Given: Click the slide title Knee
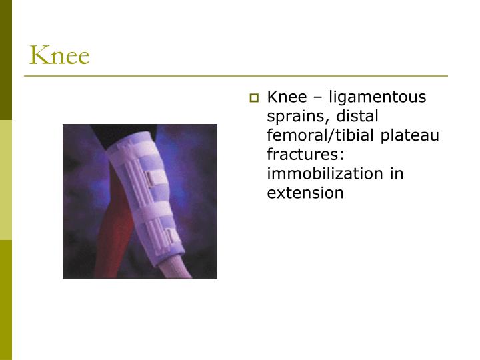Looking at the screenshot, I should (x=59, y=55).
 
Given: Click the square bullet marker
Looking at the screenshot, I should (x=253, y=99).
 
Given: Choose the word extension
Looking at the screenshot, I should (x=305, y=193).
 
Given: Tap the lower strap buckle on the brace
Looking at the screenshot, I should (x=172, y=235).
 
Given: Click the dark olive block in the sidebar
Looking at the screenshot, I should (x=6, y=60).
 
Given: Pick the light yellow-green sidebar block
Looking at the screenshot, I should (x=6, y=180).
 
